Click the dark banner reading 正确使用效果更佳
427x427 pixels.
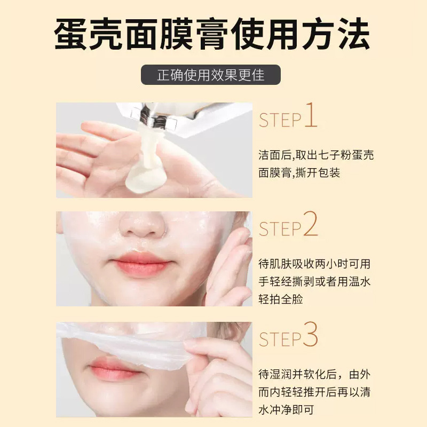[211, 75]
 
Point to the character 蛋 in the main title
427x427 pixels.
[71, 34]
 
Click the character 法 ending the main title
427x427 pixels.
[353, 34]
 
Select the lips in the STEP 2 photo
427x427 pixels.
[141, 264]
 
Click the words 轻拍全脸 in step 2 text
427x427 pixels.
[281, 299]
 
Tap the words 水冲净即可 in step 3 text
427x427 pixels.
[286, 409]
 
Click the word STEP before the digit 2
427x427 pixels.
[280, 229]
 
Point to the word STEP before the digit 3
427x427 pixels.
[280, 339]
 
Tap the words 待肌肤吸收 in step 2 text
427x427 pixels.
[286, 264]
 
